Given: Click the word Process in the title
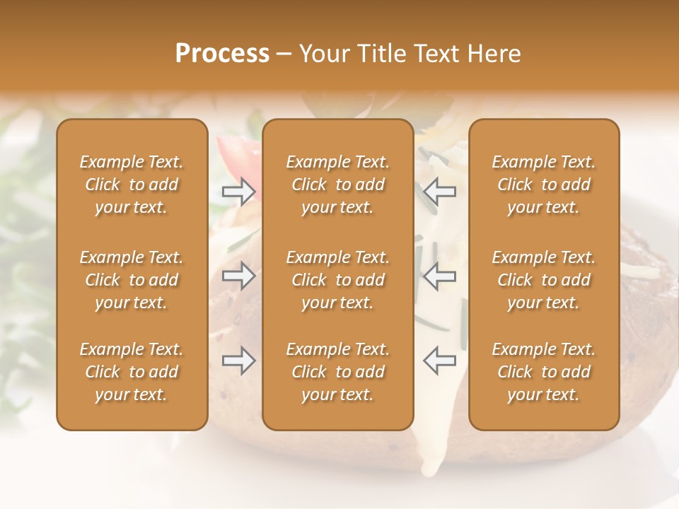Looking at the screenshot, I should coord(222,54).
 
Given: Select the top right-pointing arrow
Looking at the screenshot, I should coord(238,192).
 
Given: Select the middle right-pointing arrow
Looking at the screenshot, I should coord(238,276).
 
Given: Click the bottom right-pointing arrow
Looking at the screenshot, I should coord(238,361).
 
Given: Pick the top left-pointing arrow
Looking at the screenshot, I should coord(439,192).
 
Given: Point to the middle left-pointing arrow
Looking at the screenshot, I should coord(439,276).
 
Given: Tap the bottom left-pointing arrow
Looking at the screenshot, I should coord(439,361).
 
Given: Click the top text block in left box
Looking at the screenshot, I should coord(132,185).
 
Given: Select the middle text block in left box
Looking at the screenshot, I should coord(132,280).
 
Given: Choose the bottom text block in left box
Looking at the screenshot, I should coord(132,372).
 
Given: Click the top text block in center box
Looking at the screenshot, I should coord(337,185).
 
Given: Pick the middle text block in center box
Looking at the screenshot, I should coord(337,280).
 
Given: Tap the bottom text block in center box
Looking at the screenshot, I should coord(337,372).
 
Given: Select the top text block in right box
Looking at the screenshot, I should coord(543,185).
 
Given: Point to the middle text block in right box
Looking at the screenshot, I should coord(543,280).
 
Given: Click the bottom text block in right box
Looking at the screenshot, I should coord(543,372).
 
